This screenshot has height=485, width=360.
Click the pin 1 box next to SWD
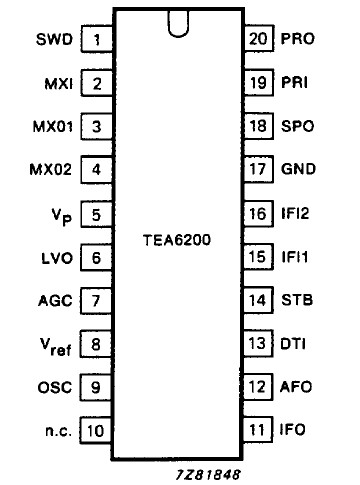(97, 41)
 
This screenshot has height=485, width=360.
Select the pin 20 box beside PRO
(258, 41)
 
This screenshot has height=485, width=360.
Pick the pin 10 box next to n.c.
(97, 431)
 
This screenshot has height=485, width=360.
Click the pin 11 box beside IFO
(258, 431)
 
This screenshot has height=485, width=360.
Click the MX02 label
(52, 170)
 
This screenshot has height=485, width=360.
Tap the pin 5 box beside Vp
(97, 214)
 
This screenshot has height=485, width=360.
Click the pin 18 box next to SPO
(258, 127)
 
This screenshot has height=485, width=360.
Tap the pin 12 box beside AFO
(258, 388)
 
